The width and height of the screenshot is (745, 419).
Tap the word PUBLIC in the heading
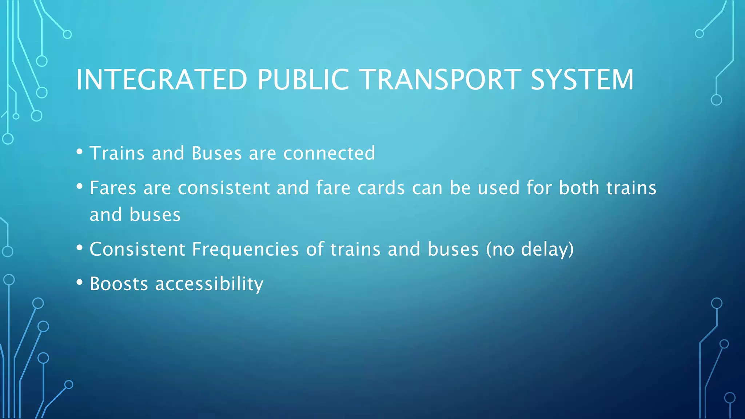point(303,80)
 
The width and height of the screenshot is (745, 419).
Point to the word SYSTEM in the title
point(582,80)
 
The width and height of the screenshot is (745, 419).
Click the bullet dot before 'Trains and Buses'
point(80,152)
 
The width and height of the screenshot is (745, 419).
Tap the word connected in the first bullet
point(329,153)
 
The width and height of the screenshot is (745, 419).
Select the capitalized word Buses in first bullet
point(216,153)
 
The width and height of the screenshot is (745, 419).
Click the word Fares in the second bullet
point(113,188)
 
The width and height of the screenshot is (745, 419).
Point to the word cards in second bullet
point(381,188)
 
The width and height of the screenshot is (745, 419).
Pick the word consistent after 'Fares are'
point(223,188)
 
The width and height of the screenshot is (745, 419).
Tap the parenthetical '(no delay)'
point(530,250)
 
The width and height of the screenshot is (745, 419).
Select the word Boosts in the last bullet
point(119,284)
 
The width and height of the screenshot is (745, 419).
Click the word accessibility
point(209,284)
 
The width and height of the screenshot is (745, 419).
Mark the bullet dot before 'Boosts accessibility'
point(80,282)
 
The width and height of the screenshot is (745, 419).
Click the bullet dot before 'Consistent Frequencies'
point(80,248)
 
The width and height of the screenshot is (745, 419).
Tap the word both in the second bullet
point(579,188)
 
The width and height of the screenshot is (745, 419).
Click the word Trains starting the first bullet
point(117,153)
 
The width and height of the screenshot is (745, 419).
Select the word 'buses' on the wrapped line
point(155,215)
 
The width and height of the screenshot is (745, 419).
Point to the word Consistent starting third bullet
point(137,250)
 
